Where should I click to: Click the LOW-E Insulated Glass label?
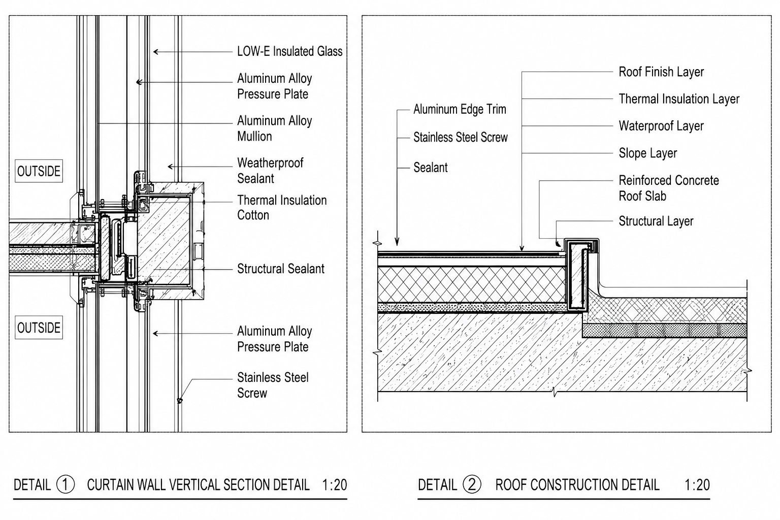pyautogui.click(x=290, y=52)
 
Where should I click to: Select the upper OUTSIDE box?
pyautogui.click(x=39, y=171)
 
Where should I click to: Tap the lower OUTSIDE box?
pyautogui.click(x=39, y=328)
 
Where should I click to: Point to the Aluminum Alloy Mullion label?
pyautogui.click(x=274, y=128)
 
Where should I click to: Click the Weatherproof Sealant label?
pyautogui.click(x=270, y=171)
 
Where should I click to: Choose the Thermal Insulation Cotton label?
pyautogui.click(x=282, y=208)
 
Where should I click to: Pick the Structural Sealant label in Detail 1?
pyautogui.click(x=281, y=269)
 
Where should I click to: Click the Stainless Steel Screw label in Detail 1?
pyautogui.click(x=273, y=385)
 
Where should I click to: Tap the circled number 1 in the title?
pyautogui.click(x=66, y=484)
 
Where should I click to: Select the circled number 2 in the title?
pyautogui.click(x=472, y=484)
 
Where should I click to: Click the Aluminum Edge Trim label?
pyautogui.click(x=460, y=109)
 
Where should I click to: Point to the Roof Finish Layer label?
pyautogui.click(x=661, y=72)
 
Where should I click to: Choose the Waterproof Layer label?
pyautogui.click(x=661, y=126)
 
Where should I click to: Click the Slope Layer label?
pyautogui.click(x=647, y=153)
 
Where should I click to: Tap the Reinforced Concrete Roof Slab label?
pyautogui.click(x=669, y=188)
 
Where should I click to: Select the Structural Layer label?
pyautogui.click(x=656, y=221)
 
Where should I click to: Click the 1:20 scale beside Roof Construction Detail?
pyautogui.click(x=697, y=485)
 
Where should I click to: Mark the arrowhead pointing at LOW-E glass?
pyautogui.click(x=156, y=52)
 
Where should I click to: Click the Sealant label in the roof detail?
pyautogui.click(x=431, y=168)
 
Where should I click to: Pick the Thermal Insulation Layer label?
pyautogui.click(x=679, y=99)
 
